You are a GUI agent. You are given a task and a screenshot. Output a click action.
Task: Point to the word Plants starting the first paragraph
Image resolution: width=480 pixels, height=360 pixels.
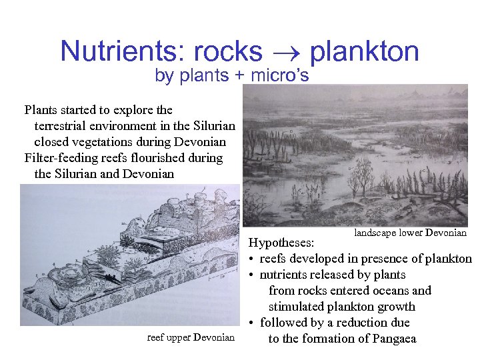[42, 110]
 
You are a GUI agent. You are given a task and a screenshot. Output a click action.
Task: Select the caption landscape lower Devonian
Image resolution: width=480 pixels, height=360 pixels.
[410, 233]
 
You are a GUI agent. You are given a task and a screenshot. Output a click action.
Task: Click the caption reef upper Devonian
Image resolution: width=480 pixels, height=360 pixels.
[191, 337]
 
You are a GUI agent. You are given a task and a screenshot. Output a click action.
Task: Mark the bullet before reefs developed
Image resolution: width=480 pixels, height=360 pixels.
[253, 259]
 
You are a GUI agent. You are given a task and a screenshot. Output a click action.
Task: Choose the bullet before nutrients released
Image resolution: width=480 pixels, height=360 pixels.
[253, 275]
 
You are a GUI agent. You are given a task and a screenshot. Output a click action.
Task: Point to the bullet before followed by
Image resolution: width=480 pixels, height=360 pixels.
[253, 323]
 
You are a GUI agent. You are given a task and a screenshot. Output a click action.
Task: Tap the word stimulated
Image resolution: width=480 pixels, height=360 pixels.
[297, 307]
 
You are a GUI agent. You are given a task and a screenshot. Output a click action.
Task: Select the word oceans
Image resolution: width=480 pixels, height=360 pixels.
[391, 291]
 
